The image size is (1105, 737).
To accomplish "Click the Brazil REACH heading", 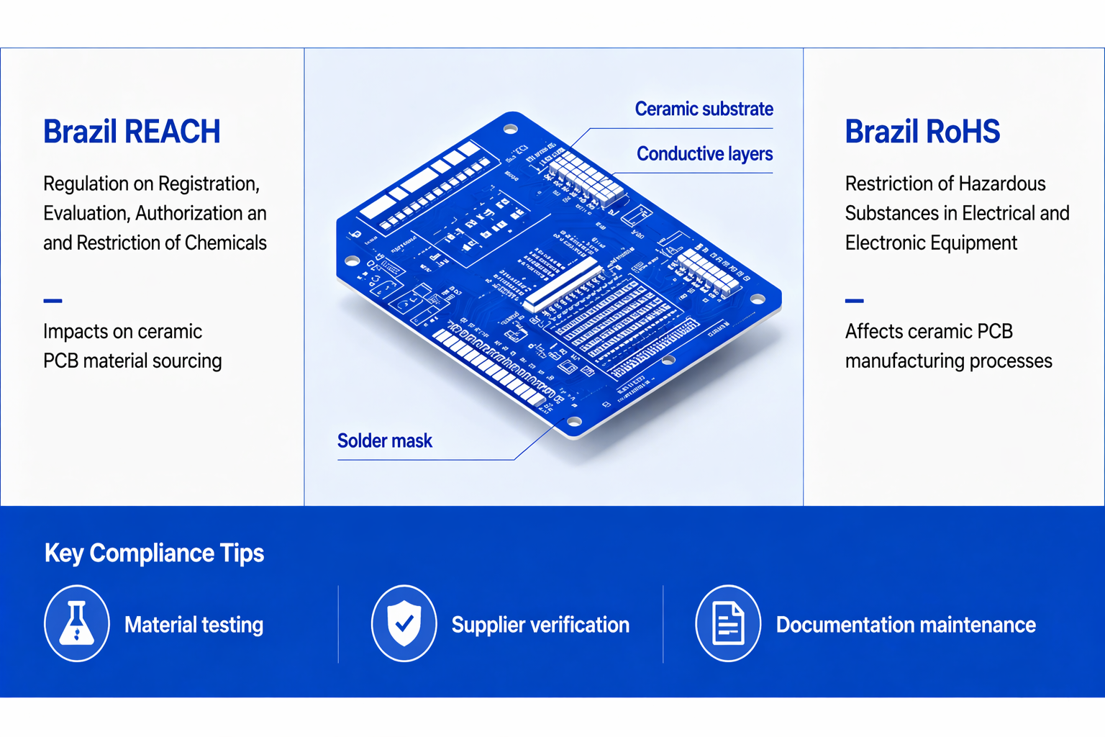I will pyautogui.click(x=132, y=132).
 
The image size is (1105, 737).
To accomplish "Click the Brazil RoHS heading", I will pyautogui.click(x=922, y=132).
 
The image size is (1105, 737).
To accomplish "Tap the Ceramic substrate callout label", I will pyautogui.click(x=704, y=109).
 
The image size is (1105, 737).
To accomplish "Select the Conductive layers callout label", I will pyautogui.click(x=704, y=154).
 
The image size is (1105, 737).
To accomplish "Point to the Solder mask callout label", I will pyautogui.click(x=385, y=441).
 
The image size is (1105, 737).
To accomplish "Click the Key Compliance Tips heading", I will pyautogui.click(x=154, y=553).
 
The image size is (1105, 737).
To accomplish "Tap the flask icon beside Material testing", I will pyautogui.click(x=77, y=623).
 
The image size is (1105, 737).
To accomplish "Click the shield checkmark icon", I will pyautogui.click(x=404, y=623).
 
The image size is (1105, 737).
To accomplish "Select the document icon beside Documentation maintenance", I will pyautogui.click(x=728, y=623).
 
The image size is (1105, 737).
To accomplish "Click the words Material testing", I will pyautogui.click(x=194, y=625).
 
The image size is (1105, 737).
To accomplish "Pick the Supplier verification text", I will pyautogui.click(x=540, y=625).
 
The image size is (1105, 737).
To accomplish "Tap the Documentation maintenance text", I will pyautogui.click(x=906, y=625).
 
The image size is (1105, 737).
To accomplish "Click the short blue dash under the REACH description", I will pyautogui.click(x=53, y=301).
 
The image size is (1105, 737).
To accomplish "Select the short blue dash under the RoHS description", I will pyautogui.click(x=854, y=301).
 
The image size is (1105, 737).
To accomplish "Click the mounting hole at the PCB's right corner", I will pyautogui.click(x=758, y=299).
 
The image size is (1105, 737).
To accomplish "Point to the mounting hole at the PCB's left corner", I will pyautogui.click(x=353, y=261).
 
